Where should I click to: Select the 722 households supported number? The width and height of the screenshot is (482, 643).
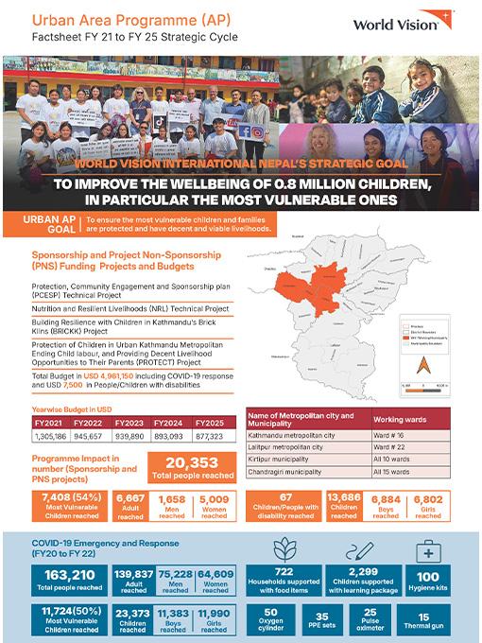[284, 574]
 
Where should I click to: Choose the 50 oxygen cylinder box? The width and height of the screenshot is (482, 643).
[271, 618]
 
